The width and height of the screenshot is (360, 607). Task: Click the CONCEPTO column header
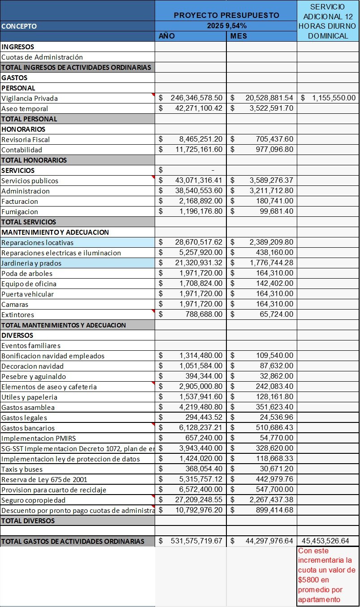click(19, 26)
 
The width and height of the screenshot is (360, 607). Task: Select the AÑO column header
click(167, 36)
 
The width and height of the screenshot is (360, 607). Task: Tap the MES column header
click(239, 36)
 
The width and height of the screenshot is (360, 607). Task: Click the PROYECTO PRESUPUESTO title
click(226, 15)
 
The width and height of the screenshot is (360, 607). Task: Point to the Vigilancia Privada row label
click(30, 99)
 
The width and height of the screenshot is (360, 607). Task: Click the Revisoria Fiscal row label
click(26, 140)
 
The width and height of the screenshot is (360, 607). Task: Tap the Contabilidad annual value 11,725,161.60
click(199, 150)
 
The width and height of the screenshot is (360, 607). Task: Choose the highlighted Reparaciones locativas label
click(38, 243)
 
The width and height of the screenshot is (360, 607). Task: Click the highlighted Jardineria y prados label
click(31, 263)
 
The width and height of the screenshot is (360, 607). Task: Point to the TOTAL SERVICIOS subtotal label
click(29, 222)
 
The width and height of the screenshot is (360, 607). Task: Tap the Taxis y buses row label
click(22, 469)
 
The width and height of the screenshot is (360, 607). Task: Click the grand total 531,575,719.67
click(196, 541)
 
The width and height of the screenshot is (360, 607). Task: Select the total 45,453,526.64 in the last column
click(325, 541)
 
